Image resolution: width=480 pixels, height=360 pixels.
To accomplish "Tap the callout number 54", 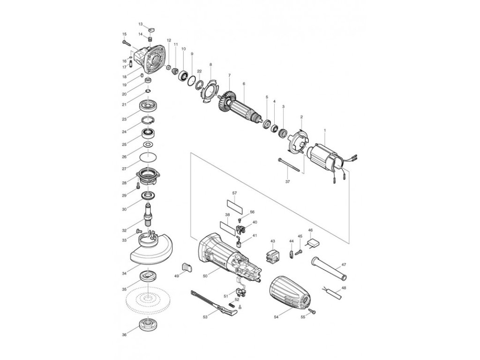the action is click(276, 317).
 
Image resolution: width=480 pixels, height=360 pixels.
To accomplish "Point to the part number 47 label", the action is click(344, 265).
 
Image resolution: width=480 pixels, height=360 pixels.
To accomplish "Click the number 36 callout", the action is click(124, 334).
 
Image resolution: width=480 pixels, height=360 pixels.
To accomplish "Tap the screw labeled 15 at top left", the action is click(127, 41).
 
